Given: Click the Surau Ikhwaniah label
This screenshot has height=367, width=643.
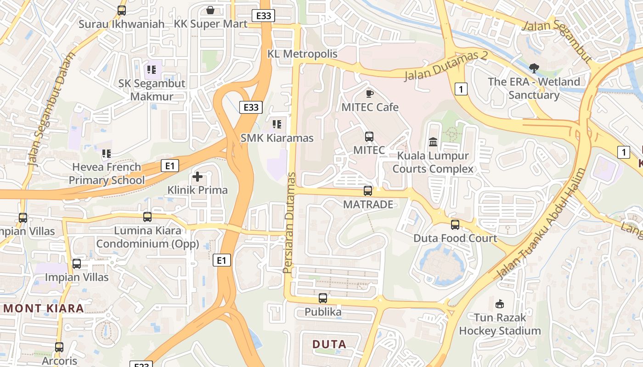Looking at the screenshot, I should [x=121, y=24].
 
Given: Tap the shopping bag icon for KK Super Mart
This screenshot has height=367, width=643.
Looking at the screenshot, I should [x=210, y=10].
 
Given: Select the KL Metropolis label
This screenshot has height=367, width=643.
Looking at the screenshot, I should [x=302, y=54].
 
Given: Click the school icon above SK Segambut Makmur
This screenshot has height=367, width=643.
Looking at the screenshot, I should [x=152, y=70].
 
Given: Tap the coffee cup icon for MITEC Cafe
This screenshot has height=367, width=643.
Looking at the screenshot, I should [x=369, y=94].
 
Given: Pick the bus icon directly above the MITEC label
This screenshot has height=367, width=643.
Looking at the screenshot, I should [x=369, y=136].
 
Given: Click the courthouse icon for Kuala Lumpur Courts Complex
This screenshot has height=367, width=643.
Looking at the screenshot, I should [x=433, y=142].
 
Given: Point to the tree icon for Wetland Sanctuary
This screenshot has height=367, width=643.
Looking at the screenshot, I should [x=534, y=68].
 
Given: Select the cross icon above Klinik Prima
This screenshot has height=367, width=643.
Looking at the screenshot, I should [x=197, y=176].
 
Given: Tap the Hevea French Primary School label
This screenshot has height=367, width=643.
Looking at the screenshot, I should [x=107, y=173].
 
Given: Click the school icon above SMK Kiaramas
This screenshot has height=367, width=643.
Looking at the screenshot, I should [x=277, y=124].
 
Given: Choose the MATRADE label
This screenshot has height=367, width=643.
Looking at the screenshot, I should [x=368, y=204].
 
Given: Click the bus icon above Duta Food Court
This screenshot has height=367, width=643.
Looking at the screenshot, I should [x=455, y=225].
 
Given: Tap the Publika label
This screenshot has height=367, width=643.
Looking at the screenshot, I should [x=323, y=312].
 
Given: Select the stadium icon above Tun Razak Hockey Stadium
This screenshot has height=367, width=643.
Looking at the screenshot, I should [x=500, y=304].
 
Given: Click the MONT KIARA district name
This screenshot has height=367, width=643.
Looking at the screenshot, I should [x=44, y=308].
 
